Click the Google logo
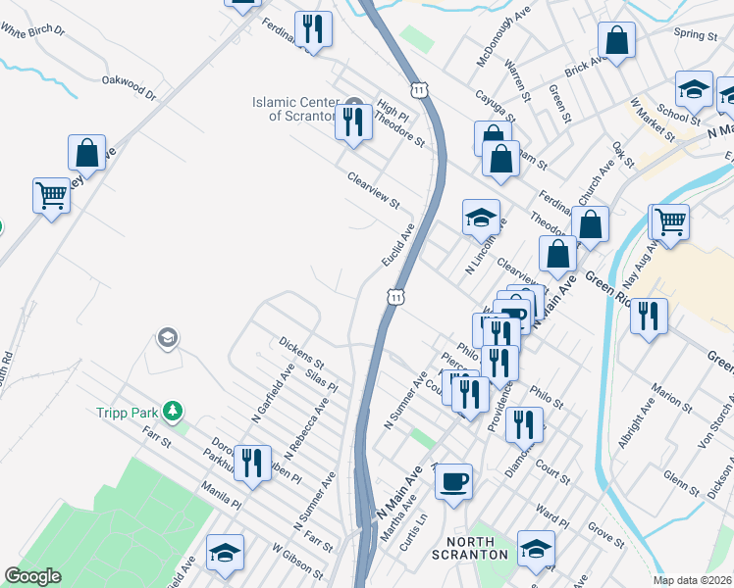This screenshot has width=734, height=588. [33, 576]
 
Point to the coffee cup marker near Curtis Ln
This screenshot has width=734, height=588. [453, 482]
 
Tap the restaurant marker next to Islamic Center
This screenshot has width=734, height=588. [353, 122]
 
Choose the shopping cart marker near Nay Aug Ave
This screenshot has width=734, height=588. [670, 221]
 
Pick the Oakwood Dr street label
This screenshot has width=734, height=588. [129, 88]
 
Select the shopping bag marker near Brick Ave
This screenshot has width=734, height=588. [617, 41]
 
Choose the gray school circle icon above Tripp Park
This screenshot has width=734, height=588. [167, 339]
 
